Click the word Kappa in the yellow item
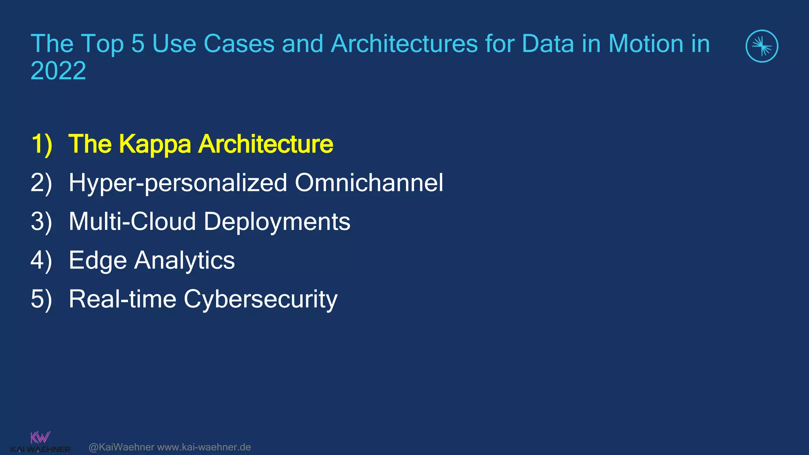click(x=155, y=145)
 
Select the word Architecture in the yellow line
click(x=265, y=144)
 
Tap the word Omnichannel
click(x=369, y=183)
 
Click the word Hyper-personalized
click(x=178, y=183)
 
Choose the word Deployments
click(x=277, y=222)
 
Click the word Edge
click(x=98, y=261)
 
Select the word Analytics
click(x=184, y=261)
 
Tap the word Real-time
click(x=122, y=299)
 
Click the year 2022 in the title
click(x=58, y=71)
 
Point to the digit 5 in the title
click(x=137, y=43)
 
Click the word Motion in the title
click(x=645, y=43)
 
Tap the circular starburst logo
click(x=762, y=46)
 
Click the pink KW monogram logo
click(x=40, y=437)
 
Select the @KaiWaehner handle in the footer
click(x=121, y=447)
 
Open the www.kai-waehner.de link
click(x=204, y=447)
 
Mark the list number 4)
click(x=41, y=261)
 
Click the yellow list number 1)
click(x=41, y=144)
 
